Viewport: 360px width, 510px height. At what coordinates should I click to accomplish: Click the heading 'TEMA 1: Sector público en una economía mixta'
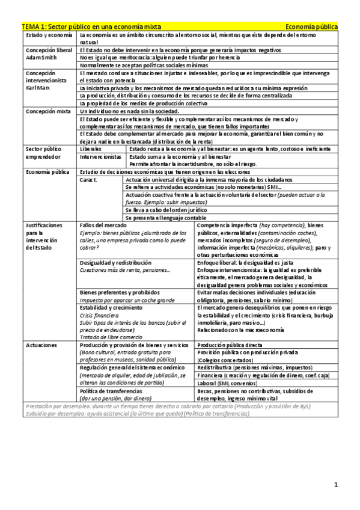[x=91, y=27]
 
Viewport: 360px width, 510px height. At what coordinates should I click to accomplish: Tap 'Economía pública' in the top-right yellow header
[x=311, y=27]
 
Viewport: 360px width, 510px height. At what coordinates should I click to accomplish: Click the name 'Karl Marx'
[x=37, y=88]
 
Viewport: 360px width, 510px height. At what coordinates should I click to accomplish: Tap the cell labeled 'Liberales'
[x=91, y=148]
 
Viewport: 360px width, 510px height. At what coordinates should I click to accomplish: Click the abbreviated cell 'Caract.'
[x=89, y=179]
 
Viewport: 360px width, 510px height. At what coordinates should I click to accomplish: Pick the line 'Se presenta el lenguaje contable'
[x=170, y=217]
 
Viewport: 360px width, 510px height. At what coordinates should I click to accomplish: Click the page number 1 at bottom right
[x=336, y=484]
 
